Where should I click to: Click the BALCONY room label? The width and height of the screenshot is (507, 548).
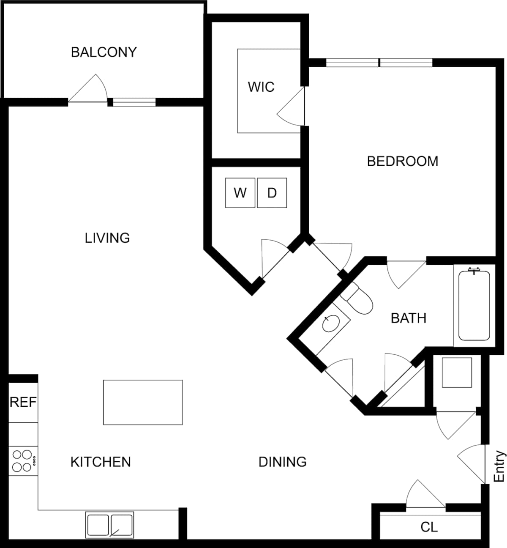[x=104, y=52]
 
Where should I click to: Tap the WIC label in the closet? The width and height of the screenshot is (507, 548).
[x=261, y=87]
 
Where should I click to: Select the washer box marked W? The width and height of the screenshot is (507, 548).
[x=240, y=193]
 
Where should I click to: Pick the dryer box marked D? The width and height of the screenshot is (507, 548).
[x=272, y=193]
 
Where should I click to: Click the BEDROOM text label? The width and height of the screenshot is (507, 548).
[x=402, y=161]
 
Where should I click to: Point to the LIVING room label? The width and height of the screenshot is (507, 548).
[x=107, y=238]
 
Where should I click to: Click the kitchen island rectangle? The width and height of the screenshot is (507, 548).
[x=143, y=402]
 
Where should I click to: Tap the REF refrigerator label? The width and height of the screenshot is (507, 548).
[x=23, y=402]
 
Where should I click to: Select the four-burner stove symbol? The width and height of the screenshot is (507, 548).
[x=23, y=461]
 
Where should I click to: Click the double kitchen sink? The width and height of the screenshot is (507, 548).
[x=110, y=525]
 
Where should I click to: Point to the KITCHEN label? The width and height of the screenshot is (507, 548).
[x=101, y=462]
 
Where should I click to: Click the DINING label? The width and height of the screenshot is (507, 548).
[x=282, y=462]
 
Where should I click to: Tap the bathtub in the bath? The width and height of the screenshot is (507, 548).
[x=474, y=305]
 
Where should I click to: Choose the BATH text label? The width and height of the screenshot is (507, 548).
[x=408, y=318]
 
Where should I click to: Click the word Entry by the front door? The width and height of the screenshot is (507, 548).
[x=499, y=466]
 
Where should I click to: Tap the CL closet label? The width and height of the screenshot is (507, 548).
[x=429, y=527]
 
